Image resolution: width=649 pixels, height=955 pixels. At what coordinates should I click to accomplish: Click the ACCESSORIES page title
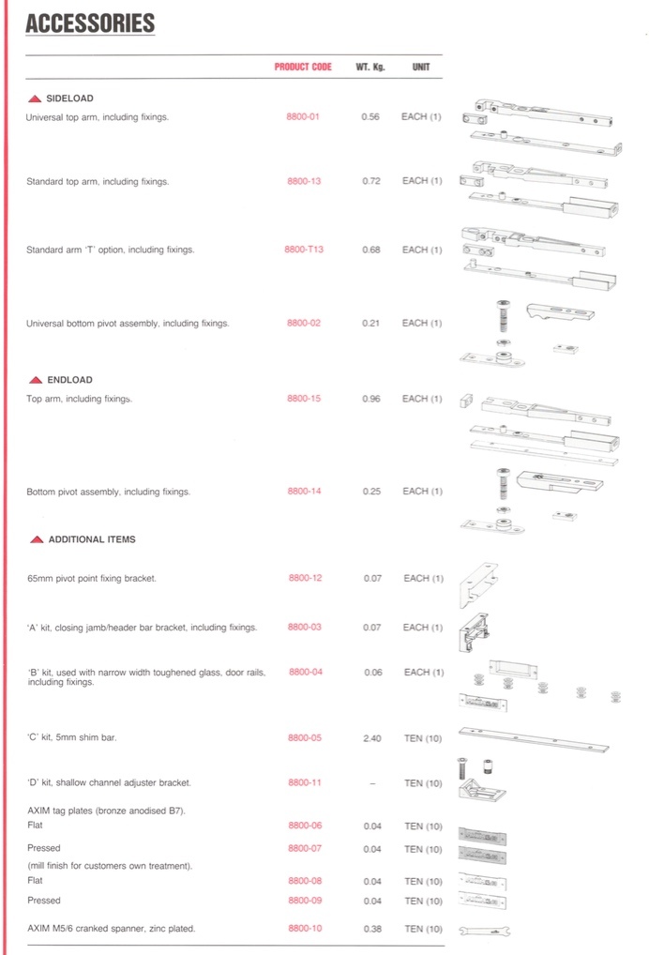[x=90, y=24]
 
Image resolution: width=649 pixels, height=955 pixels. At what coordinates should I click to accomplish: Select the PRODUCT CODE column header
[x=303, y=68]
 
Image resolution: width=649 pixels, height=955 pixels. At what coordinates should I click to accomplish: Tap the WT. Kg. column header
[x=370, y=68]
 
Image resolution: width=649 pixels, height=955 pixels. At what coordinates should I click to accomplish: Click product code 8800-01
[x=303, y=117]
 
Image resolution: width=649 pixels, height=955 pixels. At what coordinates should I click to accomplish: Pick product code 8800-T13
[x=304, y=250]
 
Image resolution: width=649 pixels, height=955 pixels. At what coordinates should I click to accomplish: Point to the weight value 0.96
[x=370, y=399]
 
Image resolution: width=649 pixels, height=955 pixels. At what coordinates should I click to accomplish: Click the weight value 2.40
[x=371, y=738]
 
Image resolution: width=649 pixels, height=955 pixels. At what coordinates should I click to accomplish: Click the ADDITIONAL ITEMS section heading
[x=91, y=539]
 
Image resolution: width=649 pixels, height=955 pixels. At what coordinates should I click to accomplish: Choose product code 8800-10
[x=305, y=929]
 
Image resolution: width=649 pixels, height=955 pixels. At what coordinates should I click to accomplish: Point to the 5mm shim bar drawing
[x=533, y=738]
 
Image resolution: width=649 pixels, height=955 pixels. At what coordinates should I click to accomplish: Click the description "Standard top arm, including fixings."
[x=98, y=182]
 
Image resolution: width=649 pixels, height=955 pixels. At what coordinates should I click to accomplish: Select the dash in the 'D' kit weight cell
[x=371, y=783]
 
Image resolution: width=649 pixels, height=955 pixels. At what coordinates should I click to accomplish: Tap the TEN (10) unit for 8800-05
[x=423, y=738]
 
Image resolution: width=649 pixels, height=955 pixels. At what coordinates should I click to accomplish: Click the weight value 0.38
[x=371, y=929]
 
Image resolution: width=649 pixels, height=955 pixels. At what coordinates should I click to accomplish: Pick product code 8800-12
[x=305, y=578]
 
